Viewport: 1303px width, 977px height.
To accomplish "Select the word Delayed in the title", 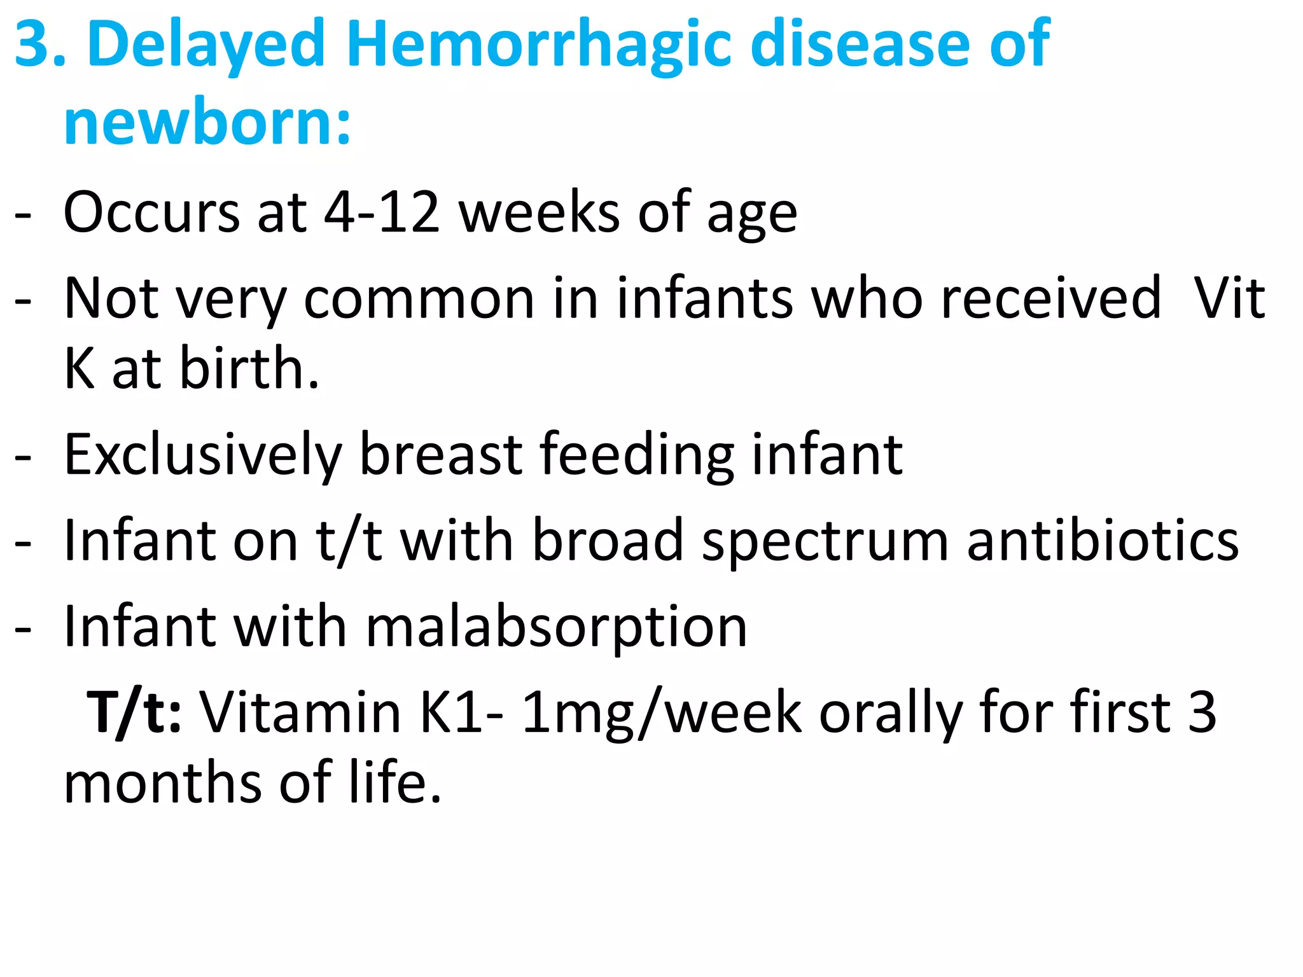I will tap(207, 45).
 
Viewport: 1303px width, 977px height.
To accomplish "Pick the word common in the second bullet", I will tap(419, 299).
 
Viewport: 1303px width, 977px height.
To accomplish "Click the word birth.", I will tap(249, 368).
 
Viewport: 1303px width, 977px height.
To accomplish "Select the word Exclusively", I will tap(203, 455).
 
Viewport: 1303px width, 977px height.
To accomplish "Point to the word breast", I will tap(441, 455).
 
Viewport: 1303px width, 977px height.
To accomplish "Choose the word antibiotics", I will tap(1103, 541).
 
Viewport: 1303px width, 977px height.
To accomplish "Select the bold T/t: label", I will tap(134, 713).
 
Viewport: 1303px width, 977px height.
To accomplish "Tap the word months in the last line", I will tap(163, 783).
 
